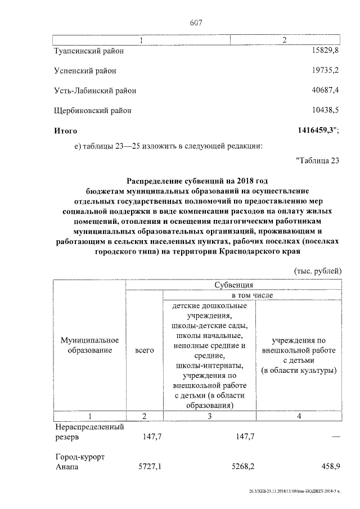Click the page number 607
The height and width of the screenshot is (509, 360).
click(x=196, y=23)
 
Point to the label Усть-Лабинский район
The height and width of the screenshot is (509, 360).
click(x=95, y=90)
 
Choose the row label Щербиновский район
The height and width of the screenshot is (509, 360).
click(x=93, y=110)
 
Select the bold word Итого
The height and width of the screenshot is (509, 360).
click(x=65, y=130)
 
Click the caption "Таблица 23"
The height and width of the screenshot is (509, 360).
click(x=318, y=161)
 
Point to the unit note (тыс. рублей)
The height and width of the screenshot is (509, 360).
click(x=318, y=271)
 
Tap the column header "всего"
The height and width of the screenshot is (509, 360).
click(x=145, y=350)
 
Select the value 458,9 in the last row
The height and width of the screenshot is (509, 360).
click(x=331, y=466)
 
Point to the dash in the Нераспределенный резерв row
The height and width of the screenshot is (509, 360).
click(x=336, y=436)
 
